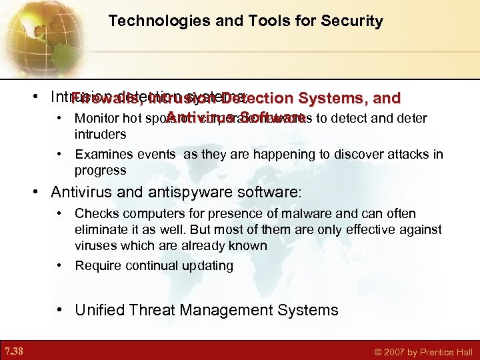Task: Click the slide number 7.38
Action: pyautogui.click(x=15, y=351)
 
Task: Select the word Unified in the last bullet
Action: pyautogui.click(x=102, y=310)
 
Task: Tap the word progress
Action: pyautogui.click(x=101, y=170)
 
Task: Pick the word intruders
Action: pyautogui.click(x=100, y=134)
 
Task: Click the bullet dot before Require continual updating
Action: pyautogui.click(x=60, y=265)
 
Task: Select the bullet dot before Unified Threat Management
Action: pyautogui.click(x=61, y=310)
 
